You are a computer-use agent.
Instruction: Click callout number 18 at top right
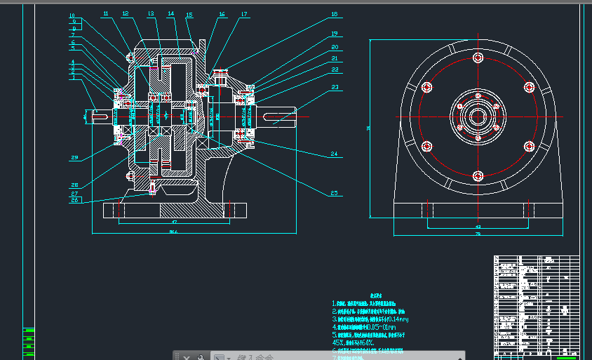pyautogui.click(x=335, y=14)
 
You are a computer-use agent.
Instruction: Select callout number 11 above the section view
pyautogui.click(x=105, y=13)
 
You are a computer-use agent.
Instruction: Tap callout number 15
pyautogui.click(x=189, y=15)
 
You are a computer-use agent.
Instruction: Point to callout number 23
pyautogui.click(x=335, y=88)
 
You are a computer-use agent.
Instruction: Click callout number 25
pyautogui.click(x=335, y=193)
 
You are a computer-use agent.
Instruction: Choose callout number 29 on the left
pyautogui.click(x=74, y=158)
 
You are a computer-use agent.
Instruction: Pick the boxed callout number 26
pyautogui.click(x=74, y=201)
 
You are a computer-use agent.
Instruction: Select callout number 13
pyautogui.click(x=151, y=13)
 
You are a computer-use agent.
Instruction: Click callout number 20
pyautogui.click(x=335, y=47)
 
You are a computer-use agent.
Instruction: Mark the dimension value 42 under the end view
pyautogui.click(x=478, y=227)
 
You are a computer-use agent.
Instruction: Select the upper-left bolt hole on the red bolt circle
pyautogui.click(x=426, y=87)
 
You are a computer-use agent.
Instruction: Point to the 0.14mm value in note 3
pyautogui.click(x=396, y=319)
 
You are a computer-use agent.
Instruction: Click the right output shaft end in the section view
pyautogui.click(x=283, y=116)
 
